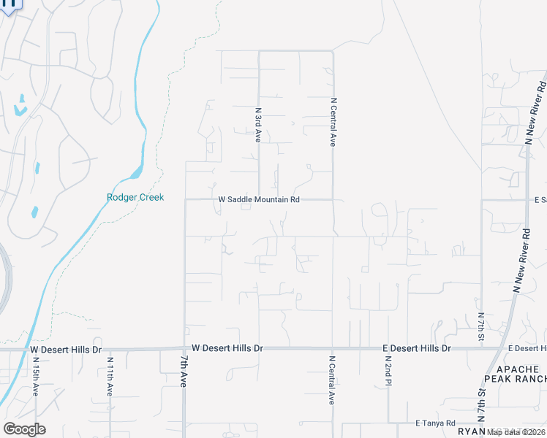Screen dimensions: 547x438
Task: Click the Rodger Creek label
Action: [135, 197]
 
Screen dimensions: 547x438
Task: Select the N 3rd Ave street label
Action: [258, 126]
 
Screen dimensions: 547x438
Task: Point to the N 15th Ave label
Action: [36, 376]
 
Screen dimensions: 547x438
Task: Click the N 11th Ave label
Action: [110, 376]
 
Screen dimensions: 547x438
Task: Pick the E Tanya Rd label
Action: [435, 423]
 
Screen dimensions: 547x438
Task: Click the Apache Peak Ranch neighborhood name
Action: [516, 374]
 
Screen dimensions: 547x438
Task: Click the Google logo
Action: [24, 429]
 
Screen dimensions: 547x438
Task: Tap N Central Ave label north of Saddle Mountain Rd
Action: [333, 123]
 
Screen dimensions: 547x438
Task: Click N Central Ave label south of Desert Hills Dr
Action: [331, 380]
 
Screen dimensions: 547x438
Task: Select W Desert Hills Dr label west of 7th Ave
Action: [66, 350]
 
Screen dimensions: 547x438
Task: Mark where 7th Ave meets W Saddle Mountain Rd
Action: [185, 199]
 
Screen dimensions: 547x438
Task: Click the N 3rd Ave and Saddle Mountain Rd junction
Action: [259, 199]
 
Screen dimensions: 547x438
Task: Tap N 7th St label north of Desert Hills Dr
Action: [481, 326]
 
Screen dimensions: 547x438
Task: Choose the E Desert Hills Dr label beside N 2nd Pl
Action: [418, 348]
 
